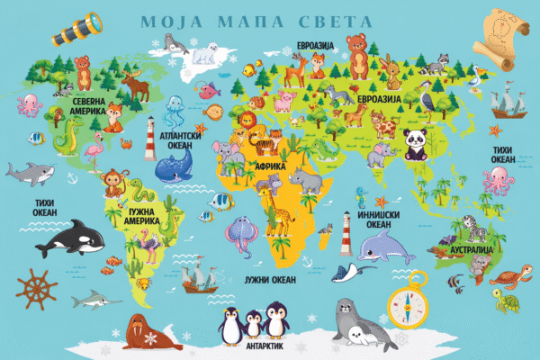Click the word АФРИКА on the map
[x=271, y=166]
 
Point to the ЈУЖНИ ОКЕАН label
[x=269, y=281]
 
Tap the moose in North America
[x=136, y=85]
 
